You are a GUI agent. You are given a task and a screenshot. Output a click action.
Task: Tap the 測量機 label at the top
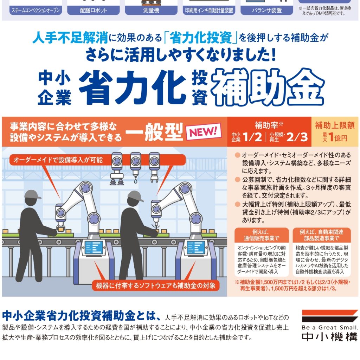click(151, 11)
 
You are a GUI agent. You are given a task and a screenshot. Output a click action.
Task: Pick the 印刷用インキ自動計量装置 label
click(209, 11)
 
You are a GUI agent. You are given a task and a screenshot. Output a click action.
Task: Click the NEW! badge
click(204, 132)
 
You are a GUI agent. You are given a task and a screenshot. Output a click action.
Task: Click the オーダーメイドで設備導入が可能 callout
click(58, 161)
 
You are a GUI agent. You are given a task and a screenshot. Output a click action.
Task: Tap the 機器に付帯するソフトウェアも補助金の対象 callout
click(156, 285)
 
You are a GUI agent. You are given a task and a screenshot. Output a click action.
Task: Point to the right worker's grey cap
click(135, 195)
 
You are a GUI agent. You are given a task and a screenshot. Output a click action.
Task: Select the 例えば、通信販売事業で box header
click(261, 235)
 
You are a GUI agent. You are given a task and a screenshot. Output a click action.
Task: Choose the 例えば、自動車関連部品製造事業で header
click(321, 235)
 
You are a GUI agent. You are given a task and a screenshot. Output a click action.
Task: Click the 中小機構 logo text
click(329, 336)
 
